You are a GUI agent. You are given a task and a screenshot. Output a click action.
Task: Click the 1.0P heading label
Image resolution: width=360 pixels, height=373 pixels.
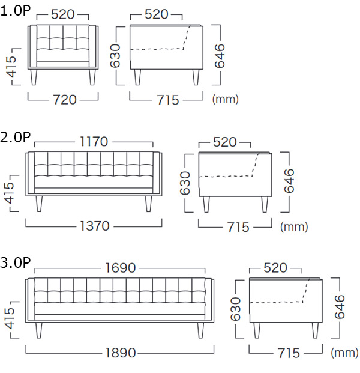click(16, 11)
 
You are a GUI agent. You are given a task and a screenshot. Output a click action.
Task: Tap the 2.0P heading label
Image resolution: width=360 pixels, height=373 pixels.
click(16, 138)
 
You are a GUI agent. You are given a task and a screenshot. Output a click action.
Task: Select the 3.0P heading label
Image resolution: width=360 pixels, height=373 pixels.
click(16, 263)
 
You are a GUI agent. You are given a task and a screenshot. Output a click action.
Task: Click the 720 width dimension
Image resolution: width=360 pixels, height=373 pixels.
click(65, 100)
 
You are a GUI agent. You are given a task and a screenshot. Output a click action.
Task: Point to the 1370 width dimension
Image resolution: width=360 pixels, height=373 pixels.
click(95, 226)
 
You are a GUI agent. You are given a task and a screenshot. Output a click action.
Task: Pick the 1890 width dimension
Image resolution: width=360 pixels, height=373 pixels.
click(120, 353)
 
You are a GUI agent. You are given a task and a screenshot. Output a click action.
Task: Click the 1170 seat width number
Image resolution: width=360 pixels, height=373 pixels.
click(94, 142)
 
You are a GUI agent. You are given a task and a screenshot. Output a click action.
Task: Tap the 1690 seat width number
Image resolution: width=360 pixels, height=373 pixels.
click(120, 268)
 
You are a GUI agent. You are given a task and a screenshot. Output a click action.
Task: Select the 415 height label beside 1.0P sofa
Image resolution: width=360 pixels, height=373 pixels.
click(11, 67)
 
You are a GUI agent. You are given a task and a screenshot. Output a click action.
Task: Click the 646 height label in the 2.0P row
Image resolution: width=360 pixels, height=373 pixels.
click(289, 181)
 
